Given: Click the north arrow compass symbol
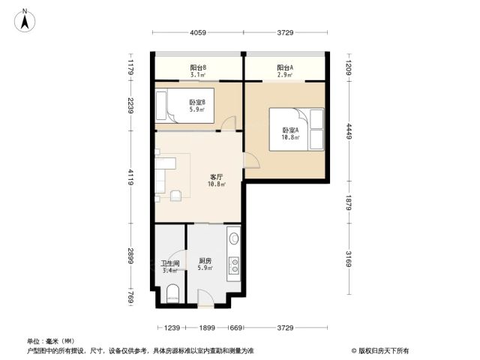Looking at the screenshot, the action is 25,20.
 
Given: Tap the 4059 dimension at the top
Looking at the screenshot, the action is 198,32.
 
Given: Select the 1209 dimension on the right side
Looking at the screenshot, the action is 349,67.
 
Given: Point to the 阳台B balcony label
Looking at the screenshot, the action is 198,67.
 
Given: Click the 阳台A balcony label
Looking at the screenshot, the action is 285,67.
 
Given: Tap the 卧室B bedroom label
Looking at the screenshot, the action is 197,102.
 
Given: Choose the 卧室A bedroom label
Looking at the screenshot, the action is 290,130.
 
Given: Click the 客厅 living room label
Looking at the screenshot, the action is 217,177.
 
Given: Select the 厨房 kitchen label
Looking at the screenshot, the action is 205,261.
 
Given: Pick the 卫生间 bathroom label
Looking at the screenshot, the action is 170,263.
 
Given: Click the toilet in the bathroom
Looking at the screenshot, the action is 172,293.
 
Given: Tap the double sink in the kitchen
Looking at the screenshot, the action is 234,265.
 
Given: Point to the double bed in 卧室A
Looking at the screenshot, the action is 296,129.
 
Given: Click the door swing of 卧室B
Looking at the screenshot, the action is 229,123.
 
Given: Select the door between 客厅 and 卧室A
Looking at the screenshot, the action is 251,160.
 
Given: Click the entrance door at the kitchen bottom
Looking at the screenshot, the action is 205,298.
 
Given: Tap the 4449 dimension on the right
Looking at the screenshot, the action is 349,131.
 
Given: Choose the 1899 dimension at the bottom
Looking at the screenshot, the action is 207,328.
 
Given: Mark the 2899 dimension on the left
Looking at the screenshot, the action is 130,256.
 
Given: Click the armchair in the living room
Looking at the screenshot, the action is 175,195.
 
